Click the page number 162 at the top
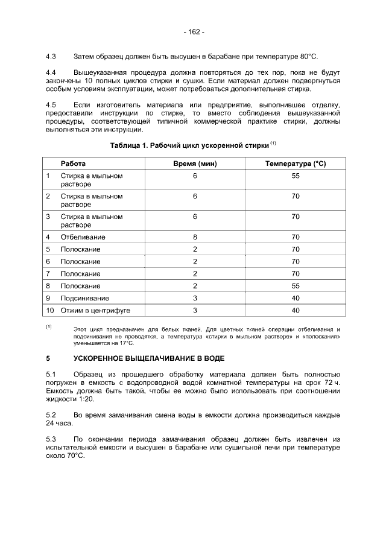coord(194,31)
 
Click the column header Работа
coord(73,163)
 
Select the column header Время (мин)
coord(195,163)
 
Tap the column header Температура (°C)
coord(296,163)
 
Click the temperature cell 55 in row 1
coord(296,176)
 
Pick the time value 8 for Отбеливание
coord(195,237)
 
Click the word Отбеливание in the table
coord(83,237)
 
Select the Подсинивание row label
coord(84,298)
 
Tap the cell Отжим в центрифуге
coord(95,310)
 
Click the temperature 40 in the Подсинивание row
coord(296,298)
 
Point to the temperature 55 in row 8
coord(296,286)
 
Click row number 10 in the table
coord(50,310)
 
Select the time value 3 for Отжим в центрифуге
coord(195,310)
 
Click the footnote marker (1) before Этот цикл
coord(49,326)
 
